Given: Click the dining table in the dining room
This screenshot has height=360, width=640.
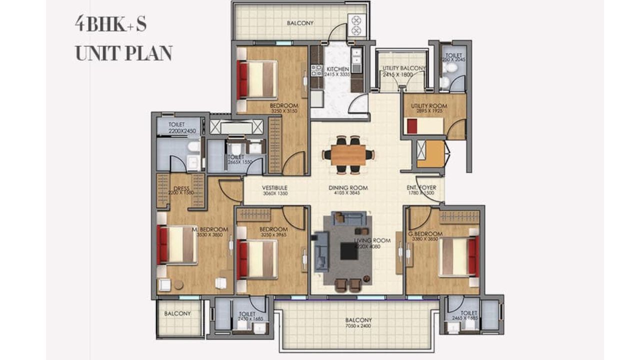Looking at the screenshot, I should [348, 154].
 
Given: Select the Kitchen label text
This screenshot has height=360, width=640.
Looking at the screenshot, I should [337, 69].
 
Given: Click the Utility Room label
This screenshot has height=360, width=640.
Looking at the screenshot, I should [428, 106].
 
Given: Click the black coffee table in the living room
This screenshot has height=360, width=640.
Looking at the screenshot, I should [348, 251].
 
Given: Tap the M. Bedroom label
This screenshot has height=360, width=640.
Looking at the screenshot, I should [210, 229].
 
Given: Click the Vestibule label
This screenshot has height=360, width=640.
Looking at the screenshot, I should [274, 188].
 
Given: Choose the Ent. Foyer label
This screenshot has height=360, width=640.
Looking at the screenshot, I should [421, 188].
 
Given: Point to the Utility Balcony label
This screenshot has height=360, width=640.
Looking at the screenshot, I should [403, 68].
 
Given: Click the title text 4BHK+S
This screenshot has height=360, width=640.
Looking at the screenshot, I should [110, 24].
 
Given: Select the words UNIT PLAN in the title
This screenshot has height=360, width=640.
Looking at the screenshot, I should [123, 52].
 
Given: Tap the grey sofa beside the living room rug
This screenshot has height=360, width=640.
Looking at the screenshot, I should [320, 252].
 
